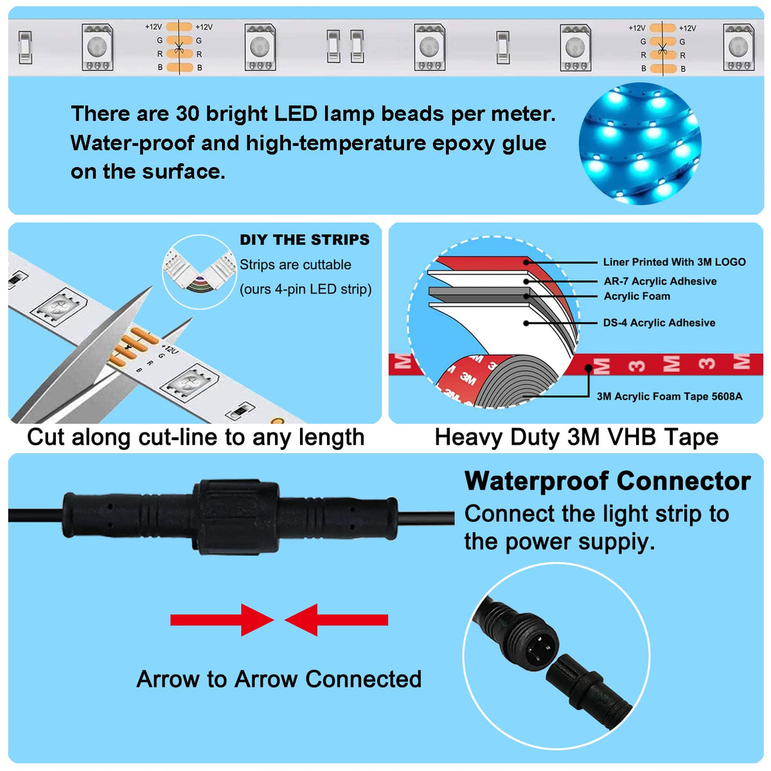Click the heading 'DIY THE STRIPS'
point(304,240)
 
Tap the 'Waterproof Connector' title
point(607,481)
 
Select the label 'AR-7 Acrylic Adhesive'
point(660,281)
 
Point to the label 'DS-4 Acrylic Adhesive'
point(659,323)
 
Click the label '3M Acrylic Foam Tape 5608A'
point(669,396)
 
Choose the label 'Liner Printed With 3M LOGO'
point(674,262)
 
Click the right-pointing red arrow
point(222,620)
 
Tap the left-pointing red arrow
point(337,620)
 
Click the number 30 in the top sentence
point(187,114)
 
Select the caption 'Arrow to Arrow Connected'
point(279,679)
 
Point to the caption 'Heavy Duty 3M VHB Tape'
point(576,437)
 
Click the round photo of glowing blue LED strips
point(640,143)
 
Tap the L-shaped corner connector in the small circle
point(200,269)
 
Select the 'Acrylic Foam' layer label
point(637,296)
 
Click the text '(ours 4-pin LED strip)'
point(306,289)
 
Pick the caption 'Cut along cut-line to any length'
point(196,437)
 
